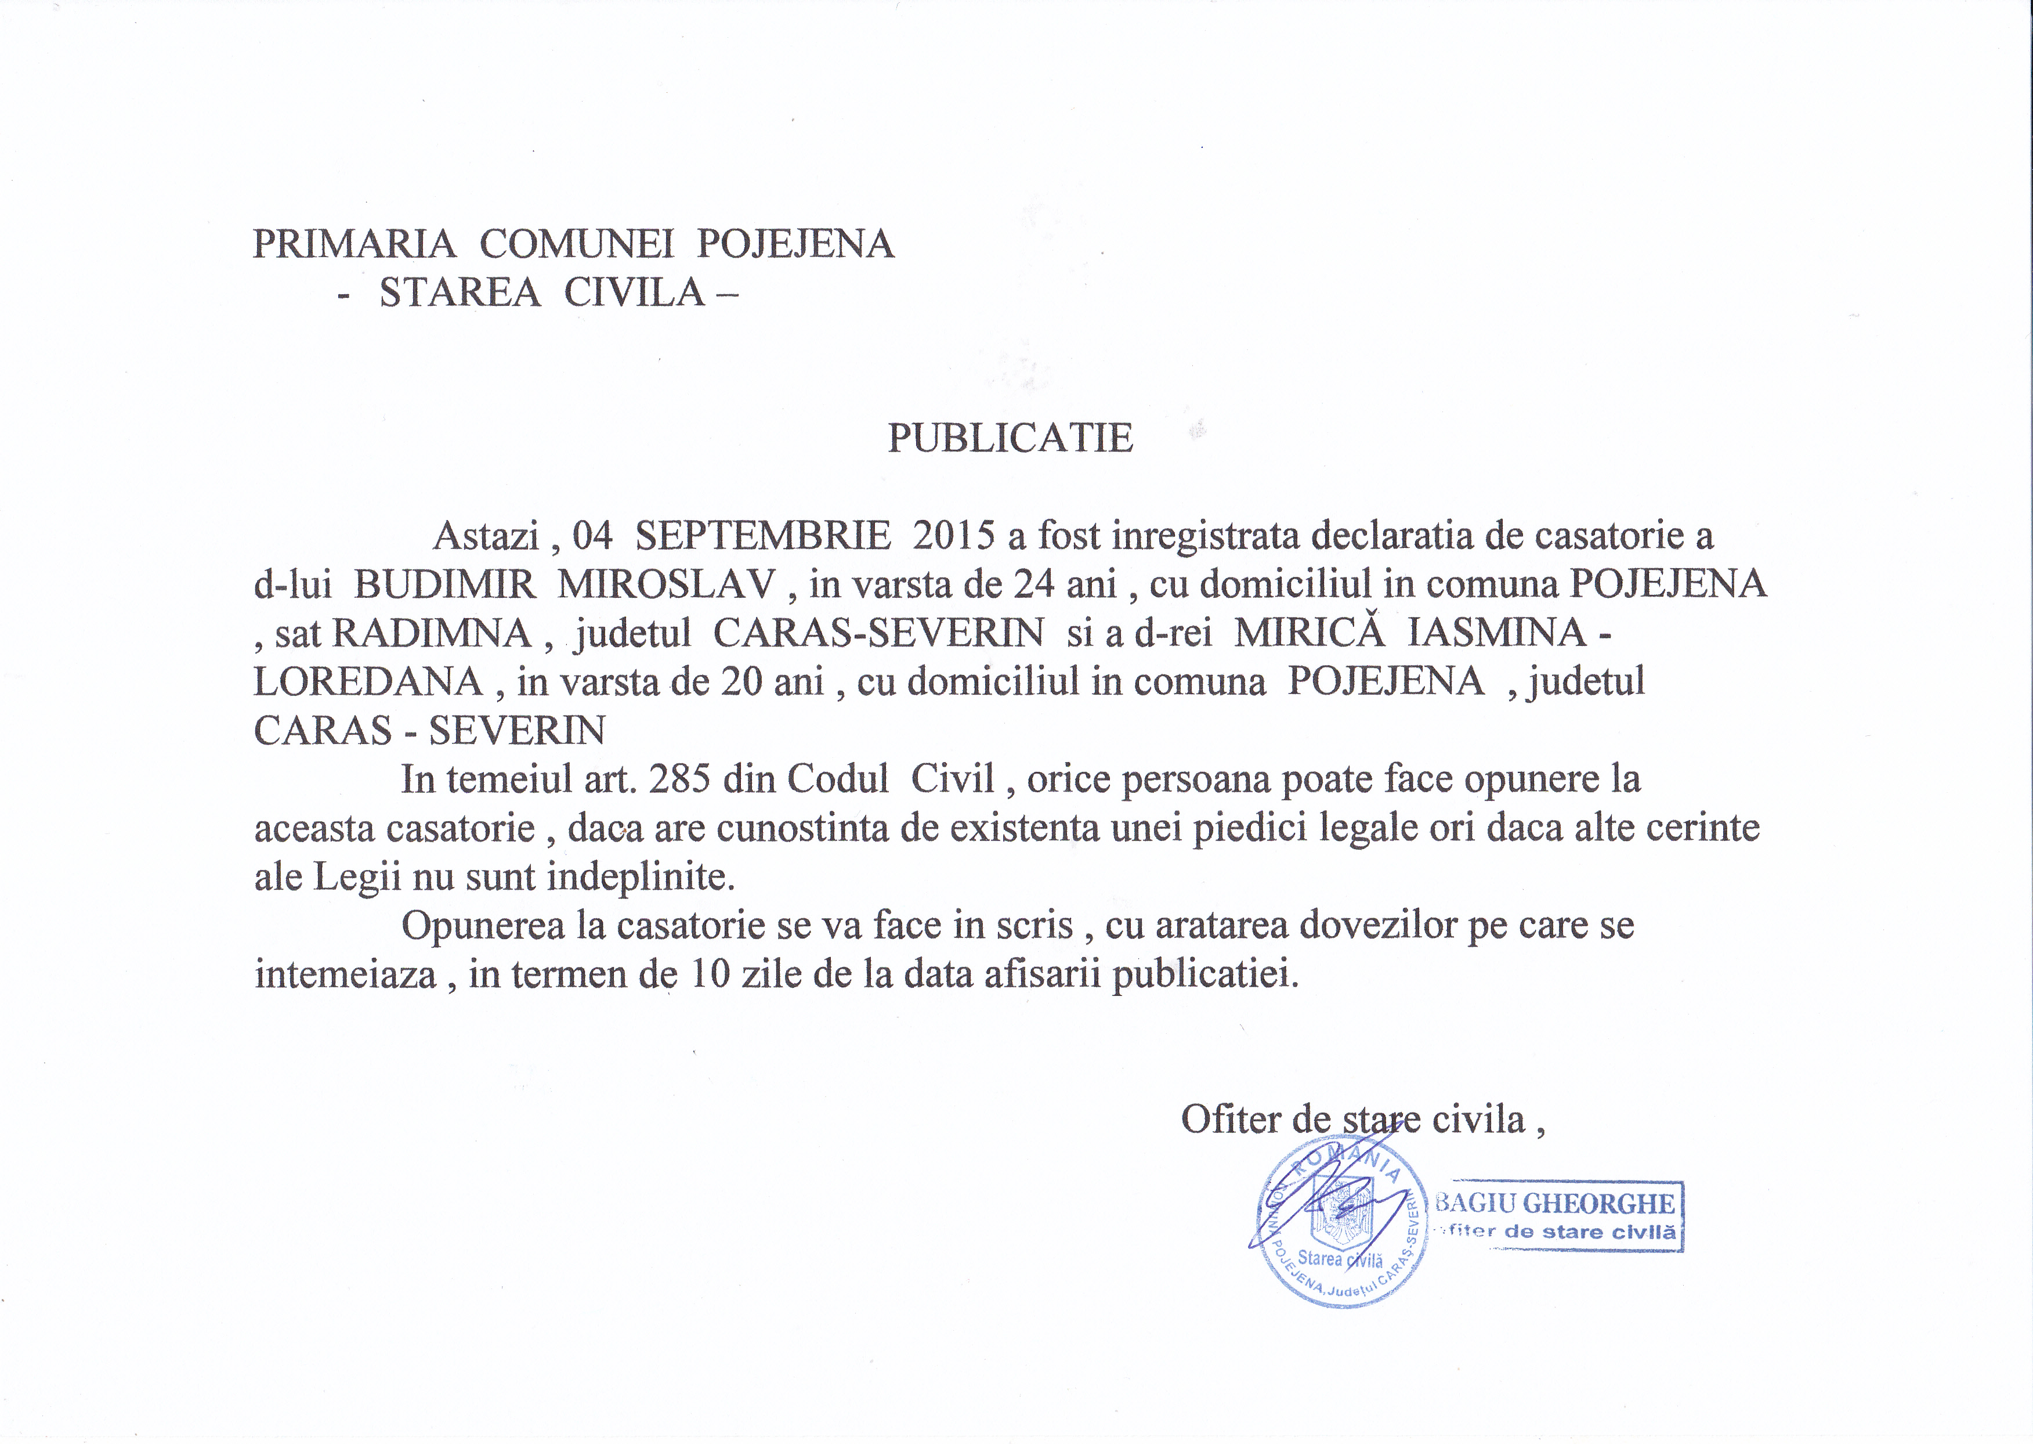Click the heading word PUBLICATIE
1010,438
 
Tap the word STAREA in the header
460,293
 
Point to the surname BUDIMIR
444,584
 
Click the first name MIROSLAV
667,584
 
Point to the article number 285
679,780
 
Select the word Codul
837,780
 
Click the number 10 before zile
710,976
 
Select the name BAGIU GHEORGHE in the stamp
1556,1204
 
